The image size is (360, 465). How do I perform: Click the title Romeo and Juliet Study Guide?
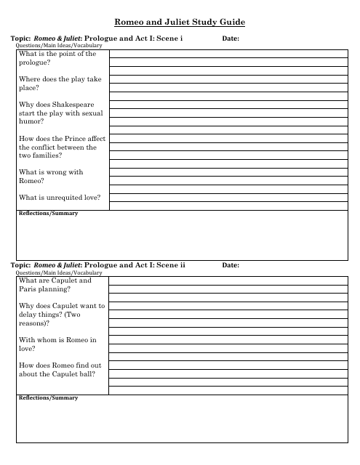(x=180, y=23)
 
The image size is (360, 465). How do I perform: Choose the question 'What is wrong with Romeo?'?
(x=51, y=177)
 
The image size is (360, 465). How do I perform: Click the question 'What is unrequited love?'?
(x=60, y=198)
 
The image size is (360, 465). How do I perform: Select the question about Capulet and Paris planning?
(x=55, y=285)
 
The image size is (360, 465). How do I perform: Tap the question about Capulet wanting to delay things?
(x=62, y=315)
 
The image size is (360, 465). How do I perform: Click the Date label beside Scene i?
(x=230, y=39)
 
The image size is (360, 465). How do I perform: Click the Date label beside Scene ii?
(x=230, y=265)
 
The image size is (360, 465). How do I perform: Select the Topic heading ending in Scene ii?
(x=98, y=265)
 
